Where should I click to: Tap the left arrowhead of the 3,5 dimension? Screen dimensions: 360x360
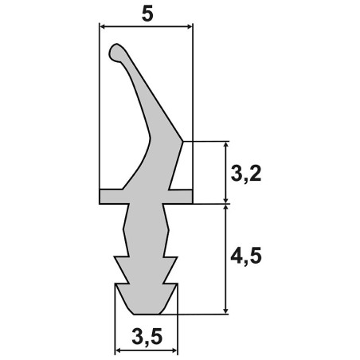click(x=120, y=350)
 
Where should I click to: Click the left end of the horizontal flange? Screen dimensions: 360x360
click(x=102, y=196)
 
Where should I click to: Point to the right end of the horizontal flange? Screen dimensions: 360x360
click(x=190, y=196)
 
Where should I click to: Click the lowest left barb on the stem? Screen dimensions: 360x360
click(x=117, y=283)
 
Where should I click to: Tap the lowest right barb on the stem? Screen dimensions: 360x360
click(x=176, y=283)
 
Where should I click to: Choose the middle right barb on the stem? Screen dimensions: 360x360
click(x=176, y=258)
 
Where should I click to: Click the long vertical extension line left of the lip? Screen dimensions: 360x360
click(x=100, y=112)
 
